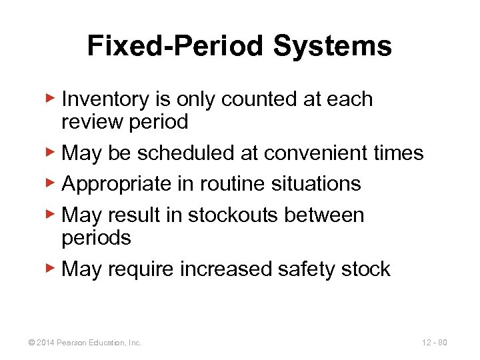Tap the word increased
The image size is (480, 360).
219,269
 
